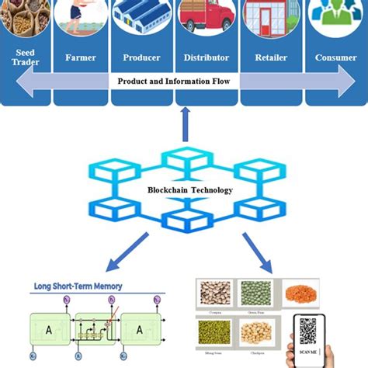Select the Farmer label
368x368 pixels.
tap(81, 57)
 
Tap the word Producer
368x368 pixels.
tap(141, 57)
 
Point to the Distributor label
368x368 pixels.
tap(206, 57)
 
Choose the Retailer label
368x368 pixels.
tap(271, 57)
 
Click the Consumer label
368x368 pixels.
tap(336, 57)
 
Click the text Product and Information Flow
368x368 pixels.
tap(178, 81)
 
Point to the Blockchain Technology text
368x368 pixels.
tap(185, 189)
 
